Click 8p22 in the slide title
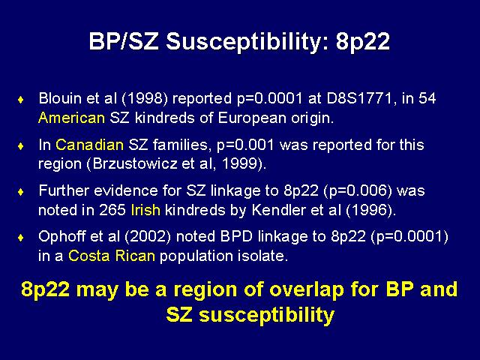coord(363,42)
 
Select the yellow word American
coord(72,118)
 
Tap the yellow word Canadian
coord(89,145)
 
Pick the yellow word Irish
coord(145,210)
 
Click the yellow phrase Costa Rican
coord(112,256)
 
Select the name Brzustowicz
coord(135,163)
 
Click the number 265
coord(112,210)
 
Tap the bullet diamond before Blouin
coord(21,100)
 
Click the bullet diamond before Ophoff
coord(21,238)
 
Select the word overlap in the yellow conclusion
coord(307,289)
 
